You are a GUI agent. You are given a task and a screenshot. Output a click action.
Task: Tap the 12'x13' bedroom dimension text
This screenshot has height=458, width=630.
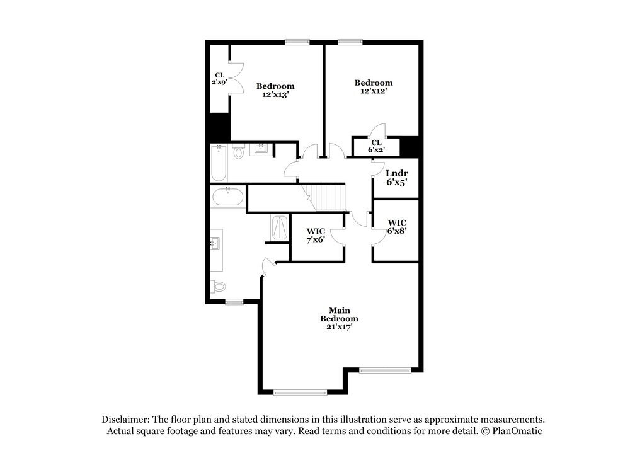275,94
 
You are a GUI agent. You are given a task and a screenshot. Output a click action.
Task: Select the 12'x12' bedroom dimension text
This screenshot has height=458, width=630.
373,91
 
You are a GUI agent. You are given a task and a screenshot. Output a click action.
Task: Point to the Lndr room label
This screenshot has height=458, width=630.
397,173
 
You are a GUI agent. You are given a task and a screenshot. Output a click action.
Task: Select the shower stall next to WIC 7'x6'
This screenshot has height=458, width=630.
279,228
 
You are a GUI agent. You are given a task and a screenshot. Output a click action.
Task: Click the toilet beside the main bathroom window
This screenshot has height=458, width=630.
219,286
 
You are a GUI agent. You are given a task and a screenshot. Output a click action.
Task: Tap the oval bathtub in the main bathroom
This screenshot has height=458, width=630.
227,197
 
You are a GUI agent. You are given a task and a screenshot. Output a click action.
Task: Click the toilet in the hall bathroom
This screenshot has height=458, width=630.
238,152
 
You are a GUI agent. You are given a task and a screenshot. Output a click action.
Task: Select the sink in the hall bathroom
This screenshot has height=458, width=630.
260,150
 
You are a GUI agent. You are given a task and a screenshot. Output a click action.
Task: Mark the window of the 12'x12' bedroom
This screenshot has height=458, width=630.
347,42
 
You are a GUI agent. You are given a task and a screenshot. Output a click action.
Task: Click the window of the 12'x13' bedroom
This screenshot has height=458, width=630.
297,42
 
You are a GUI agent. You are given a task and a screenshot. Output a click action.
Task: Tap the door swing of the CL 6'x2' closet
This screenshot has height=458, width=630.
378,129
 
